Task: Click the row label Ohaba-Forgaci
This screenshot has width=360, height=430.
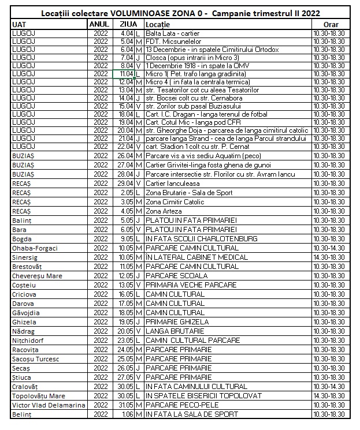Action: click(35, 248)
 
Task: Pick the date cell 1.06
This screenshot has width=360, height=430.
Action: click(127, 414)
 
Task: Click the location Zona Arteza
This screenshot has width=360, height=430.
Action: click(164, 211)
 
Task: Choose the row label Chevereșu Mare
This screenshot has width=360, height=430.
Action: click(38, 276)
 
